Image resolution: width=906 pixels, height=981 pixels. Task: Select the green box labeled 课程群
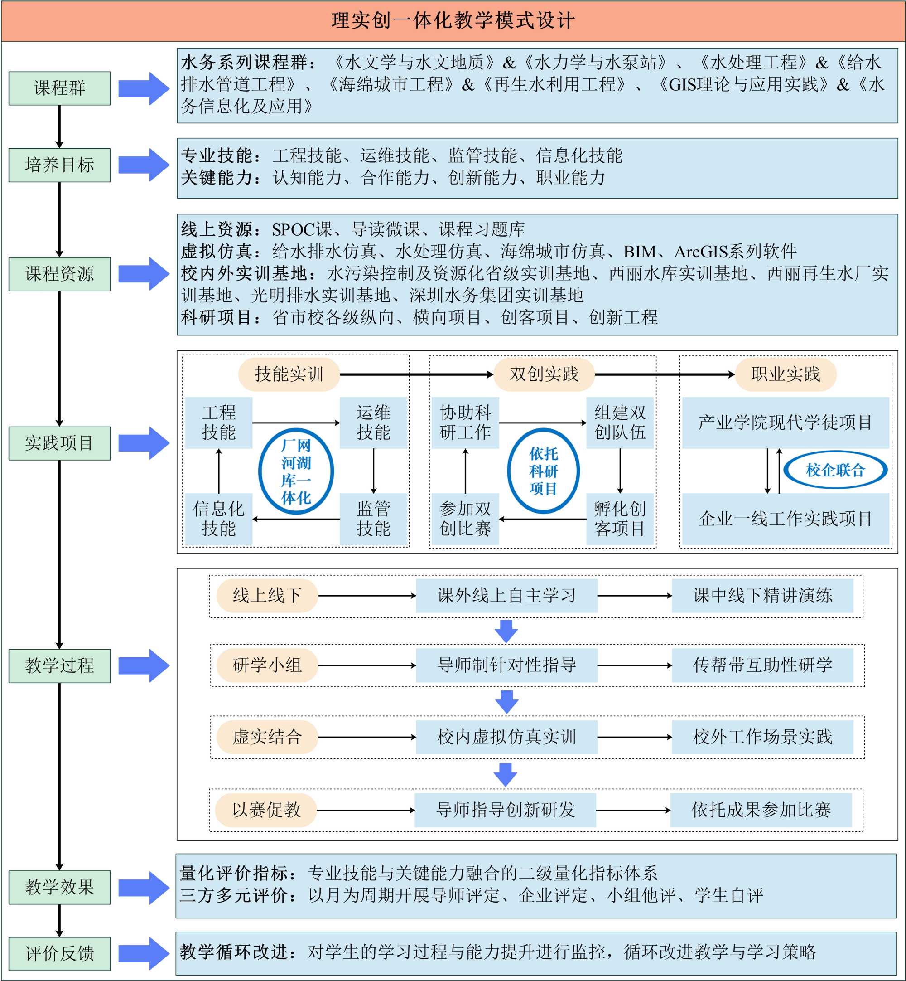pos(59,88)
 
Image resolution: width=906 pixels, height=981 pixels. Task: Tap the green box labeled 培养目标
pos(59,165)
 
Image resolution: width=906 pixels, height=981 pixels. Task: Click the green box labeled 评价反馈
pos(59,953)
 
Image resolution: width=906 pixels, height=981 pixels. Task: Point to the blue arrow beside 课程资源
pos(144,274)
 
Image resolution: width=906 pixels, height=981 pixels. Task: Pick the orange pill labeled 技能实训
pos(289,374)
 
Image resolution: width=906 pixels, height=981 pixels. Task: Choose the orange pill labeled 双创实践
pos(544,374)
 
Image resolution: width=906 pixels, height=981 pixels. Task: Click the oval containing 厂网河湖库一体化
pos(296,471)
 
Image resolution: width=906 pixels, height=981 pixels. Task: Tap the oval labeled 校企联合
pos(835,470)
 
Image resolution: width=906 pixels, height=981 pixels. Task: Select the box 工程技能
pos(219,423)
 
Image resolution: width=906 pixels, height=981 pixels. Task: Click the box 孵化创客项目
pos(620,519)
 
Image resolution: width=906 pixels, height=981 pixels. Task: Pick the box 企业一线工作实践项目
pos(785,519)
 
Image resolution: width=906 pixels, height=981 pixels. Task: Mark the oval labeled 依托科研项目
pos(543,471)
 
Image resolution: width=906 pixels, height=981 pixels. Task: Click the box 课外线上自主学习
pos(506,596)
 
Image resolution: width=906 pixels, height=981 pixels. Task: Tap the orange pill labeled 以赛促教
pos(266,810)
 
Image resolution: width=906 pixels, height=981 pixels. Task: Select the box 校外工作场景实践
pos(762,737)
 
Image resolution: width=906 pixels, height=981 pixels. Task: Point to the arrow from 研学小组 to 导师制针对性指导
pos(367,665)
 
